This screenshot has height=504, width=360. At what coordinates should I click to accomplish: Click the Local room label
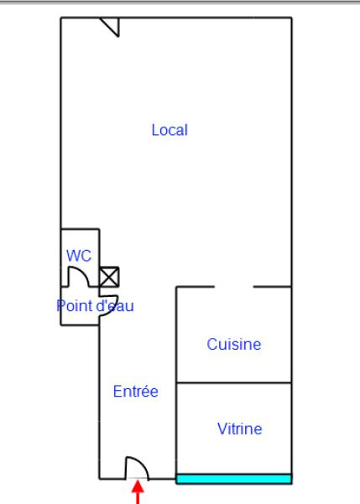[170, 130]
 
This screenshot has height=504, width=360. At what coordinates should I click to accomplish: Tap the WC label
[79, 256]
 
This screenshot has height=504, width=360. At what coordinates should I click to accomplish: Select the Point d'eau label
[95, 306]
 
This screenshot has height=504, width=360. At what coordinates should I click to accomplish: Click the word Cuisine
[234, 345]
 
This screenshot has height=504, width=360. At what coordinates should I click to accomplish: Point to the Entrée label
[136, 391]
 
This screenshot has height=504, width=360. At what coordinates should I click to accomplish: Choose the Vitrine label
[240, 429]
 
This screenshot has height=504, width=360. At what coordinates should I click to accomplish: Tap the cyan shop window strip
[234, 479]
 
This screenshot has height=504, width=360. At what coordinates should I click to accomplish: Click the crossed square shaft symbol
[109, 277]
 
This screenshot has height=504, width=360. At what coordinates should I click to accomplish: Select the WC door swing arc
[83, 272]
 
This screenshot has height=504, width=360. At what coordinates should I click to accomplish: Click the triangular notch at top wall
[112, 26]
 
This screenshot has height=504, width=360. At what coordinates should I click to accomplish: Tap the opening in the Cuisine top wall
[234, 287]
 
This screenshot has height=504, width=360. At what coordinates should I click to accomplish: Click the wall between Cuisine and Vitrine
[234, 382]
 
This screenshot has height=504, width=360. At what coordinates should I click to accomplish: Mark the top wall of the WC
[80, 229]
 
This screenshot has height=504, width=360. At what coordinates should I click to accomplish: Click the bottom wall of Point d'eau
[80, 325]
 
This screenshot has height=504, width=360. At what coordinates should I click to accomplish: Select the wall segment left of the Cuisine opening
[195, 287]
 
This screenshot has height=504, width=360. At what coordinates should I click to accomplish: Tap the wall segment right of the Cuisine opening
[273, 287]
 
